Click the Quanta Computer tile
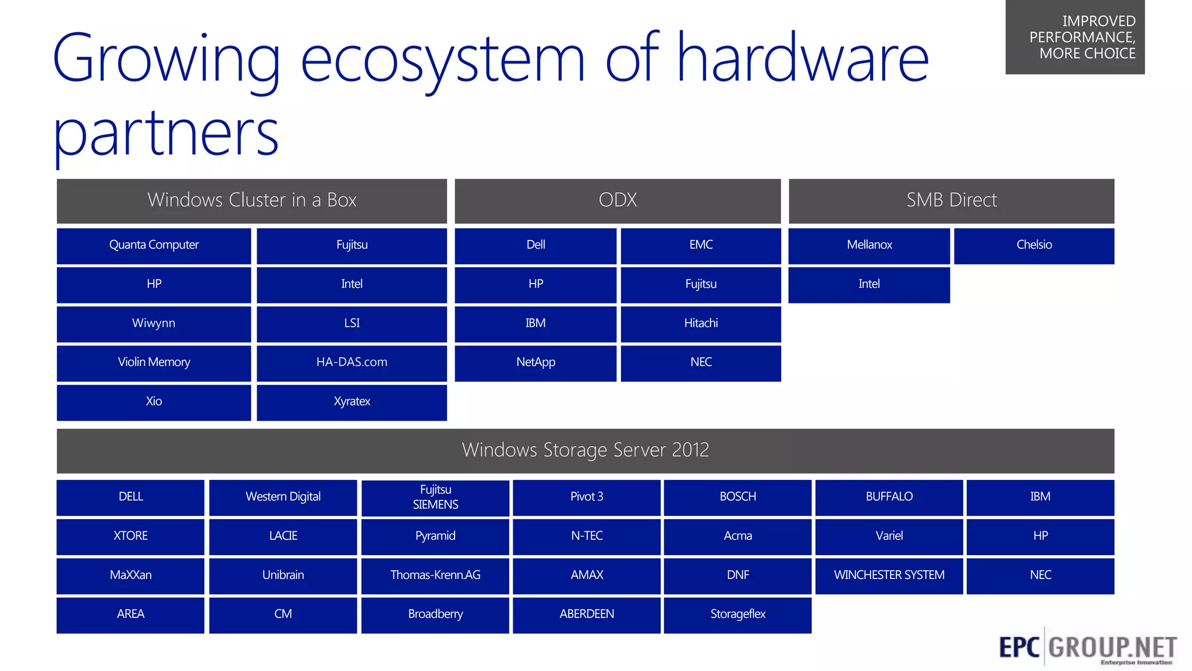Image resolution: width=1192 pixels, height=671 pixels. click(154, 245)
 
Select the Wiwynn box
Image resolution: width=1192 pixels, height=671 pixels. click(154, 323)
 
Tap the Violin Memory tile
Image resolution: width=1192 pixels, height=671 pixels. click(154, 362)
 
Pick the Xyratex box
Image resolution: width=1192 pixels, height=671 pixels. click(352, 401)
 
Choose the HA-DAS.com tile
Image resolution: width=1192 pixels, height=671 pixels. click(352, 362)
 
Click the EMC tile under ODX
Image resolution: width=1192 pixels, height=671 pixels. click(701, 245)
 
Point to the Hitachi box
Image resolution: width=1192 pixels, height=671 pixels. click(701, 323)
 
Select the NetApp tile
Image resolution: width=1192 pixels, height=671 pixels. click(535, 362)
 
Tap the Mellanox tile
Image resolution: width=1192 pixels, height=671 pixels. click(869, 245)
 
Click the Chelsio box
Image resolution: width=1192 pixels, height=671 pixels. click(1034, 245)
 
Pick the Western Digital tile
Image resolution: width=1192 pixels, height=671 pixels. click(283, 497)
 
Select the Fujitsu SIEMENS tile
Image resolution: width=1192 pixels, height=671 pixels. click(435, 497)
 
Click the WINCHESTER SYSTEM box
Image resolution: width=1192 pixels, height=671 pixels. click(889, 575)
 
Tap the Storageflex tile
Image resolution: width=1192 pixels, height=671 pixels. click(737, 614)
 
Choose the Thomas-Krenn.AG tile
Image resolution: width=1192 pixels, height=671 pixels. click(435, 575)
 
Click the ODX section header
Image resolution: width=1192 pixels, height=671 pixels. click(618, 200)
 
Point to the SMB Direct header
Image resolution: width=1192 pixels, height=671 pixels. click(951, 200)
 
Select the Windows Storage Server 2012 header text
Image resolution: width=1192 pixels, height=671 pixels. click(585, 450)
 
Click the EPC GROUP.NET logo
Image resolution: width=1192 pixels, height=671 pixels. click(1087, 647)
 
